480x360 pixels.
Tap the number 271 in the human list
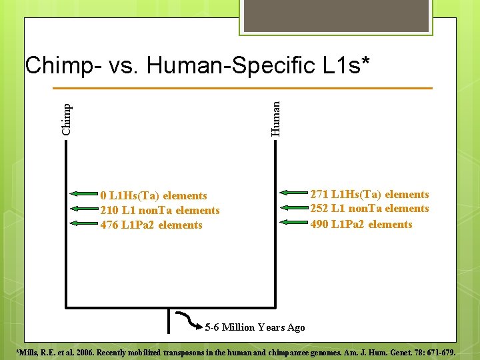click(x=320, y=195)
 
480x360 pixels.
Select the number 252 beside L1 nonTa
click(x=320, y=209)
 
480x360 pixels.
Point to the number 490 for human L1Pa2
click(x=320, y=224)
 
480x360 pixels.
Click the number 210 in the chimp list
click(x=109, y=211)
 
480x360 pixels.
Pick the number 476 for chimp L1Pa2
click(x=109, y=225)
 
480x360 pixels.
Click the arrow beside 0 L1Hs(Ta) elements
click(x=83, y=195)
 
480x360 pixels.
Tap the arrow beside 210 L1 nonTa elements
click(x=83, y=209)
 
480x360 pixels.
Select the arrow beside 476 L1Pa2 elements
click(x=83, y=224)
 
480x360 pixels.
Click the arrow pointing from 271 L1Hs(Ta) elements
click(x=291, y=194)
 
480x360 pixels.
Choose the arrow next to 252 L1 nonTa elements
click(x=291, y=208)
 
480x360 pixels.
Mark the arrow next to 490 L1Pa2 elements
click(x=291, y=222)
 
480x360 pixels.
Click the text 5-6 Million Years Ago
click(x=255, y=327)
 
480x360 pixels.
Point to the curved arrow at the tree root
click(x=189, y=319)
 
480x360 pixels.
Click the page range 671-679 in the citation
click(x=436, y=351)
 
